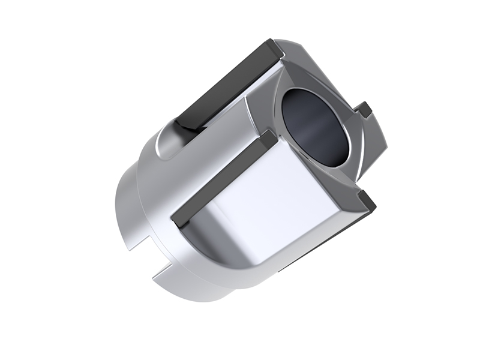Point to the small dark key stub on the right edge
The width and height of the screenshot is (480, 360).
click(x=364, y=110)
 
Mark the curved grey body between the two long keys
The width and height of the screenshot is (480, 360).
click(x=210, y=150)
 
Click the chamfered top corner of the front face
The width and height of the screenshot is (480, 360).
click(x=287, y=48)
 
